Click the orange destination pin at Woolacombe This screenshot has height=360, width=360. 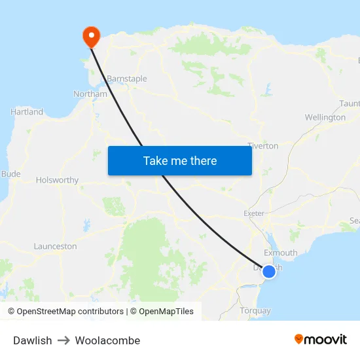90,35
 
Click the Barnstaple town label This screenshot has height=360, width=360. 127,79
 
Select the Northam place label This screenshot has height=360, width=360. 90,94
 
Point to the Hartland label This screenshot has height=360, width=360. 27,112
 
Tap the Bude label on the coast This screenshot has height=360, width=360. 11,174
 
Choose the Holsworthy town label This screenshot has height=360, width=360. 57,180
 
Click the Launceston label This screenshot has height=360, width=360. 55,247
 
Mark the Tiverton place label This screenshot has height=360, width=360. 262,146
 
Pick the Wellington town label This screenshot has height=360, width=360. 325,118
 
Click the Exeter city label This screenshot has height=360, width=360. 253,213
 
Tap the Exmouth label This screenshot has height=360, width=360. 280,253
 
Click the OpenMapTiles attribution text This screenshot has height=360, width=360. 166,312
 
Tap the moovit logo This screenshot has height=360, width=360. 321,339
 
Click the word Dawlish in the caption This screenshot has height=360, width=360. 32,340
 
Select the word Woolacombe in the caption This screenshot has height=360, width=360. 107,340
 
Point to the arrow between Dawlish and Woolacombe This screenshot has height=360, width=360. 63,340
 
